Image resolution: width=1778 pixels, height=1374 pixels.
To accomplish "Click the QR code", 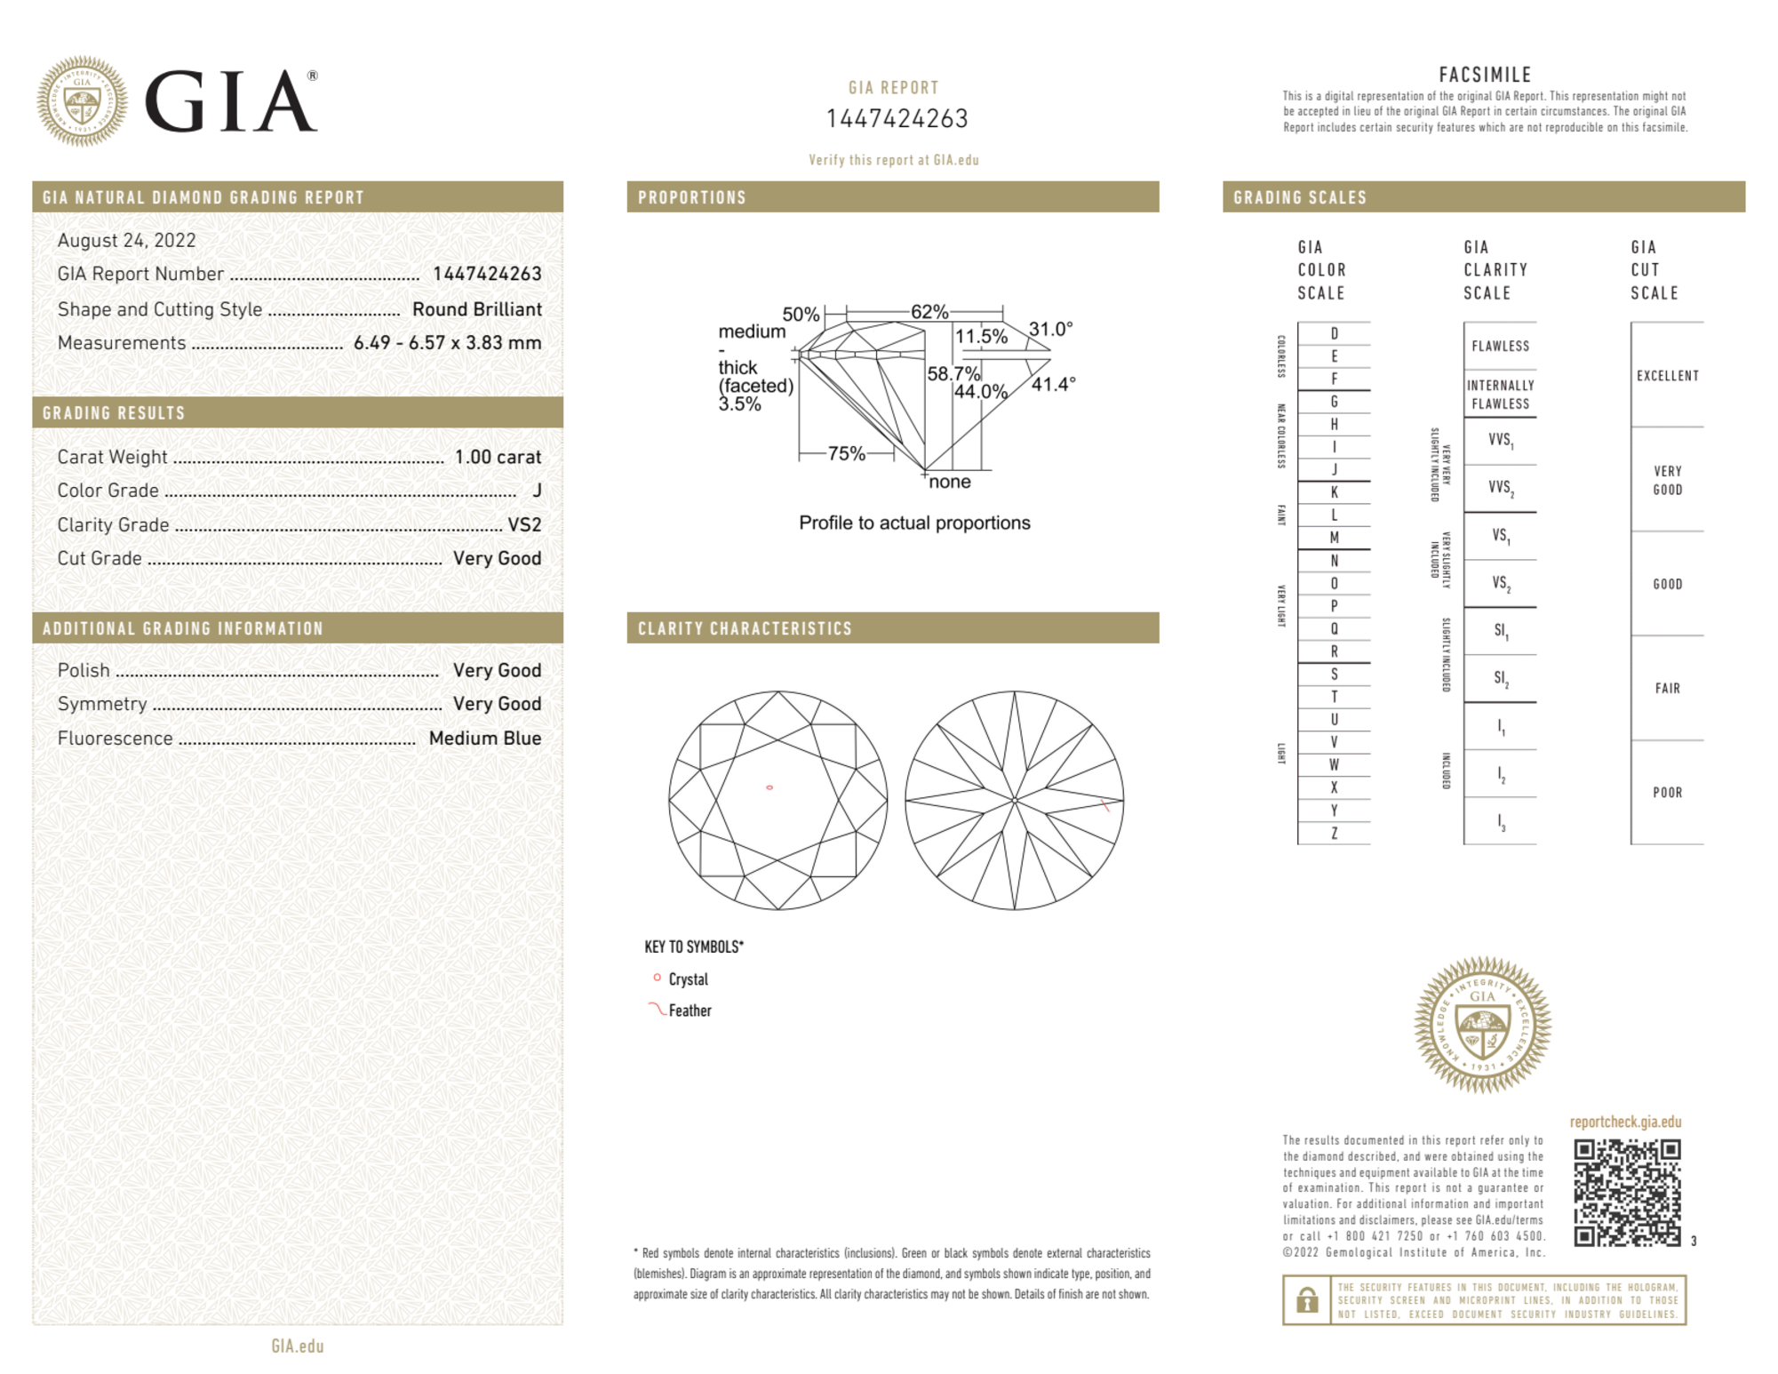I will point(1626,1193).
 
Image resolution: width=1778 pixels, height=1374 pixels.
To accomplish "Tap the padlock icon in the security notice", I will point(1306,1300).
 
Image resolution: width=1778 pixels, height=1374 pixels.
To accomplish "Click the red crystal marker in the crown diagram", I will point(769,787).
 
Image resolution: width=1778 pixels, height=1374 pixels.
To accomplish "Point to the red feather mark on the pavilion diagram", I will point(1105,805).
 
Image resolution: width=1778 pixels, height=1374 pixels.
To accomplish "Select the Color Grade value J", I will point(537,491).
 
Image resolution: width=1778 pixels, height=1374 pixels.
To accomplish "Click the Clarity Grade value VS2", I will point(524,524).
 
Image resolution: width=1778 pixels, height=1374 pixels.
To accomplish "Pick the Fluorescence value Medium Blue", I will point(484,738).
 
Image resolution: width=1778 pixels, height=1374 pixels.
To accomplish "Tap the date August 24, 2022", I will point(126,240).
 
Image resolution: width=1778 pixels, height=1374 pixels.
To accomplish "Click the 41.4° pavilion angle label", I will point(1053,384).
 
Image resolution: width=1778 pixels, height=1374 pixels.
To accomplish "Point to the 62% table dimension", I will point(929,312).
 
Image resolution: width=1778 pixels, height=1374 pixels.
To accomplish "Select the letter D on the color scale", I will point(1334,333).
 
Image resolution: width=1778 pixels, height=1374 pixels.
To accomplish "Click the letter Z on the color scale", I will point(1334,833).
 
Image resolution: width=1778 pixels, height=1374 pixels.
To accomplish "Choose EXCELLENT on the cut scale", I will point(1667,376).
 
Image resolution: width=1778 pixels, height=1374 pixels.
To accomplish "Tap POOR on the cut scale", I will point(1667,792).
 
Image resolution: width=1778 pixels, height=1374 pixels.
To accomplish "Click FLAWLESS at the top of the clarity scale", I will point(1500,346).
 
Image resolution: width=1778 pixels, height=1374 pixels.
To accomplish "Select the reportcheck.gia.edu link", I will point(1625,1122).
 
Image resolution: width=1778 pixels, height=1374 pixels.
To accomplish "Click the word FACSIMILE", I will point(1485,75).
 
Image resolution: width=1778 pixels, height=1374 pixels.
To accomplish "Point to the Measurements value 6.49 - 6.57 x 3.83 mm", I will point(447,343).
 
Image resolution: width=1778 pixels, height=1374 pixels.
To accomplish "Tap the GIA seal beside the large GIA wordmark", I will point(82,101).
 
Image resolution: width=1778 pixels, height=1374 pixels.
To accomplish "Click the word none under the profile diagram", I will point(949,482).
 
